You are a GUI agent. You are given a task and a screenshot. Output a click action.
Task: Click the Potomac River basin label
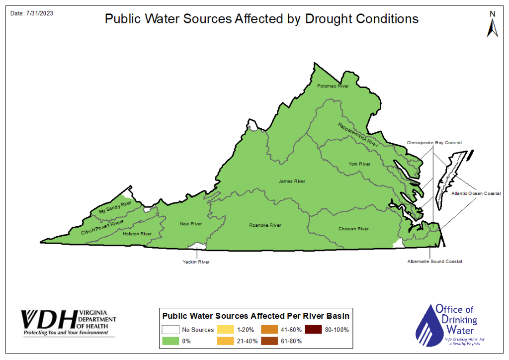(x=333, y=86)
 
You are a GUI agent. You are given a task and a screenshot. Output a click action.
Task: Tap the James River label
(x=292, y=181)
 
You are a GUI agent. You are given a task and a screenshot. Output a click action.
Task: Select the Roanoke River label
(x=265, y=225)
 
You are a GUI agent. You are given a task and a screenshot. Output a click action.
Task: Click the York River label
(x=359, y=164)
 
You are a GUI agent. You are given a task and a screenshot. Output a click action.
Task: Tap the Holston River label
(x=137, y=234)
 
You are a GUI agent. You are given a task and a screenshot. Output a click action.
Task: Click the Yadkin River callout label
(x=196, y=262)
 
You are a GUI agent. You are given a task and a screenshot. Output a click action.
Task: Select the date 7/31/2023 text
(x=32, y=13)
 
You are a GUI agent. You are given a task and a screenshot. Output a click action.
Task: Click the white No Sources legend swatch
(x=170, y=330)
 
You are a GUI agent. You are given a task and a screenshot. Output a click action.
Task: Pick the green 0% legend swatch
(x=170, y=342)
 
